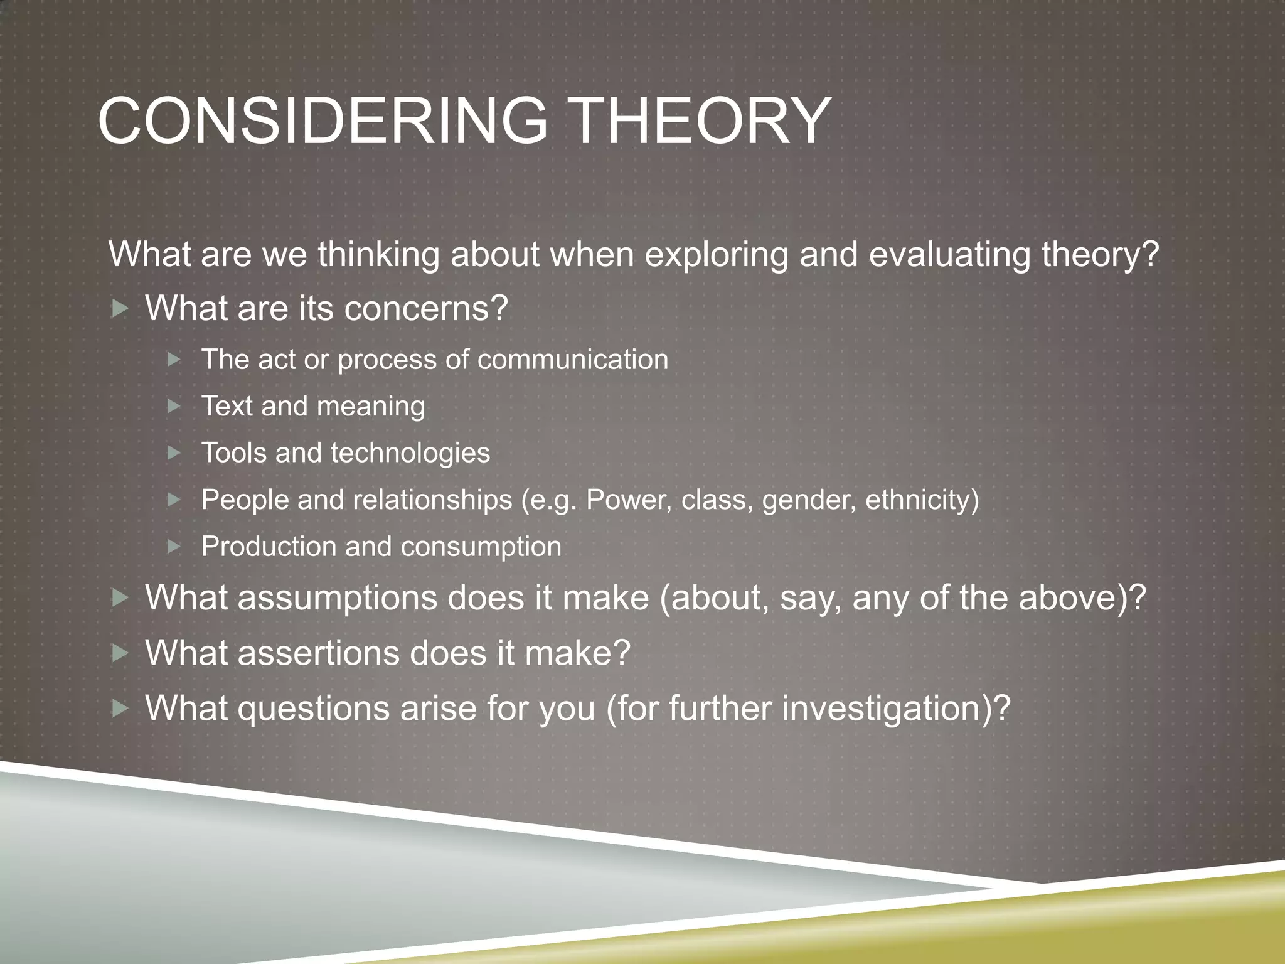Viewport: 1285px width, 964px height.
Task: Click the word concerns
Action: (425, 309)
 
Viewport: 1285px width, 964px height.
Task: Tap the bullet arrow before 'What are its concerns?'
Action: (120, 308)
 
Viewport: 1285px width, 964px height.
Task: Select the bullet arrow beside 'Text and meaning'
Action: (174, 407)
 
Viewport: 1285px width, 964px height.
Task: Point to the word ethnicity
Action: (922, 500)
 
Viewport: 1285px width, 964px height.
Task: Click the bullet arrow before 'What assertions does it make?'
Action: (120, 654)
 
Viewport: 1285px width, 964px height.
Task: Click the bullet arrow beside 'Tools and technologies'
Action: (174, 453)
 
